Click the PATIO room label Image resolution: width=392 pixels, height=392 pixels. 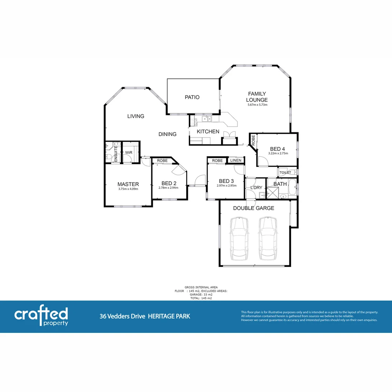192,97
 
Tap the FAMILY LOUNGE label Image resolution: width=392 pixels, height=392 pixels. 257,97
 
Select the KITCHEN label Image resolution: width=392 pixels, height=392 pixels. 208,131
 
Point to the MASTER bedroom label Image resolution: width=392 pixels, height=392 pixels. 128,184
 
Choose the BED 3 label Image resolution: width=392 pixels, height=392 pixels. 226,181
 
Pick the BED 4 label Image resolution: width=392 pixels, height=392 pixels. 278,149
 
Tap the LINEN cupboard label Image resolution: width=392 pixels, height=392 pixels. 236,160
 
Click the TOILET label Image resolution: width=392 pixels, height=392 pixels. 285,172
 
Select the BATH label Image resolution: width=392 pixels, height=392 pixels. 280,184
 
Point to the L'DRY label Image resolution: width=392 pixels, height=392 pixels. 256,188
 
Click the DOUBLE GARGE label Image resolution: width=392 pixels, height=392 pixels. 253,208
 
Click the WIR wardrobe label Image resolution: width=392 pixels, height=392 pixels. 129,153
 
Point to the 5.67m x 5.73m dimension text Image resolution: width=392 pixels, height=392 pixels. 257,105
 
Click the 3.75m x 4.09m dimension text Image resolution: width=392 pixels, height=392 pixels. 128,189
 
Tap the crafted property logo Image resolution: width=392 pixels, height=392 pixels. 41,317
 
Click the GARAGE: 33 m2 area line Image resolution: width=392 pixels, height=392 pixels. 201,295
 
